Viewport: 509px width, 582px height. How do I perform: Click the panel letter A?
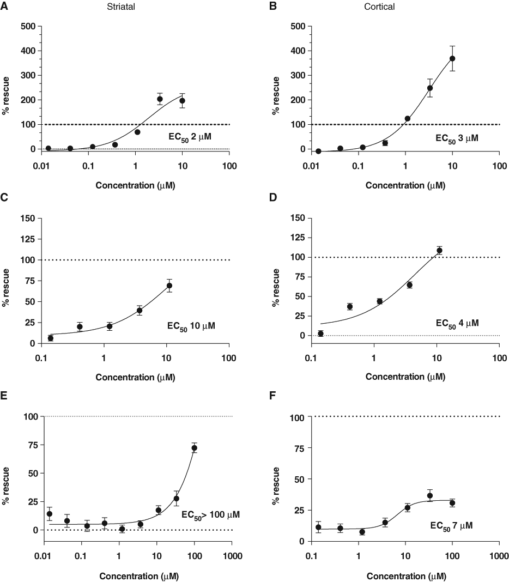[x=4, y=7]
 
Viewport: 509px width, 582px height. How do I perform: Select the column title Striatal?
[x=121, y=7]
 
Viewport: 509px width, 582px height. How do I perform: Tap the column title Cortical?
[x=379, y=7]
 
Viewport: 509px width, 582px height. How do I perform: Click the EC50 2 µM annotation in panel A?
[x=190, y=137]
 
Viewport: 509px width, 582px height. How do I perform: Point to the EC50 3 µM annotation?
[x=457, y=139]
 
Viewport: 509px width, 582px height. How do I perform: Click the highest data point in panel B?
[x=452, y=59]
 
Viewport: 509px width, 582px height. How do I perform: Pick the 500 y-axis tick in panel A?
[x=28, y=26]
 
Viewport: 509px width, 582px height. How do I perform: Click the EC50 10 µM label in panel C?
[x=191, y=326]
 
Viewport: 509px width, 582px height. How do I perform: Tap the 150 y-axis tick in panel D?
[x=298, y=218]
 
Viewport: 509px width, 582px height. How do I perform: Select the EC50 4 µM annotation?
[x=457, y=324]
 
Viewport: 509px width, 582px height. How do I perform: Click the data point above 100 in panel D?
[x=440, y=251]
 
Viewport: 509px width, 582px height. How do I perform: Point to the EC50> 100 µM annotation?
[x=210, y=515]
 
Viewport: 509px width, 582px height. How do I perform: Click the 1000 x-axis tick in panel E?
[x=232, y=556]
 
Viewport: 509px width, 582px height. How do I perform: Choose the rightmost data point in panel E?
[x=194, y=448]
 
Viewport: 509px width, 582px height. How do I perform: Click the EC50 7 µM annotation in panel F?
[x=451, y=526]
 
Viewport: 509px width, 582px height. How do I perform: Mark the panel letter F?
[x=272, y=396]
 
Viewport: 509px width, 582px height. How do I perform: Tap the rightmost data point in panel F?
[x=452, y=504]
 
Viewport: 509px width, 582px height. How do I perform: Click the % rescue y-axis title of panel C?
[x=5, y=288]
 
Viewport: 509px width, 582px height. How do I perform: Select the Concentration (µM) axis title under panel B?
[x=405, y=185]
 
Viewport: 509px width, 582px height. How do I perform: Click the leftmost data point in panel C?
[x=51, y=338]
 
